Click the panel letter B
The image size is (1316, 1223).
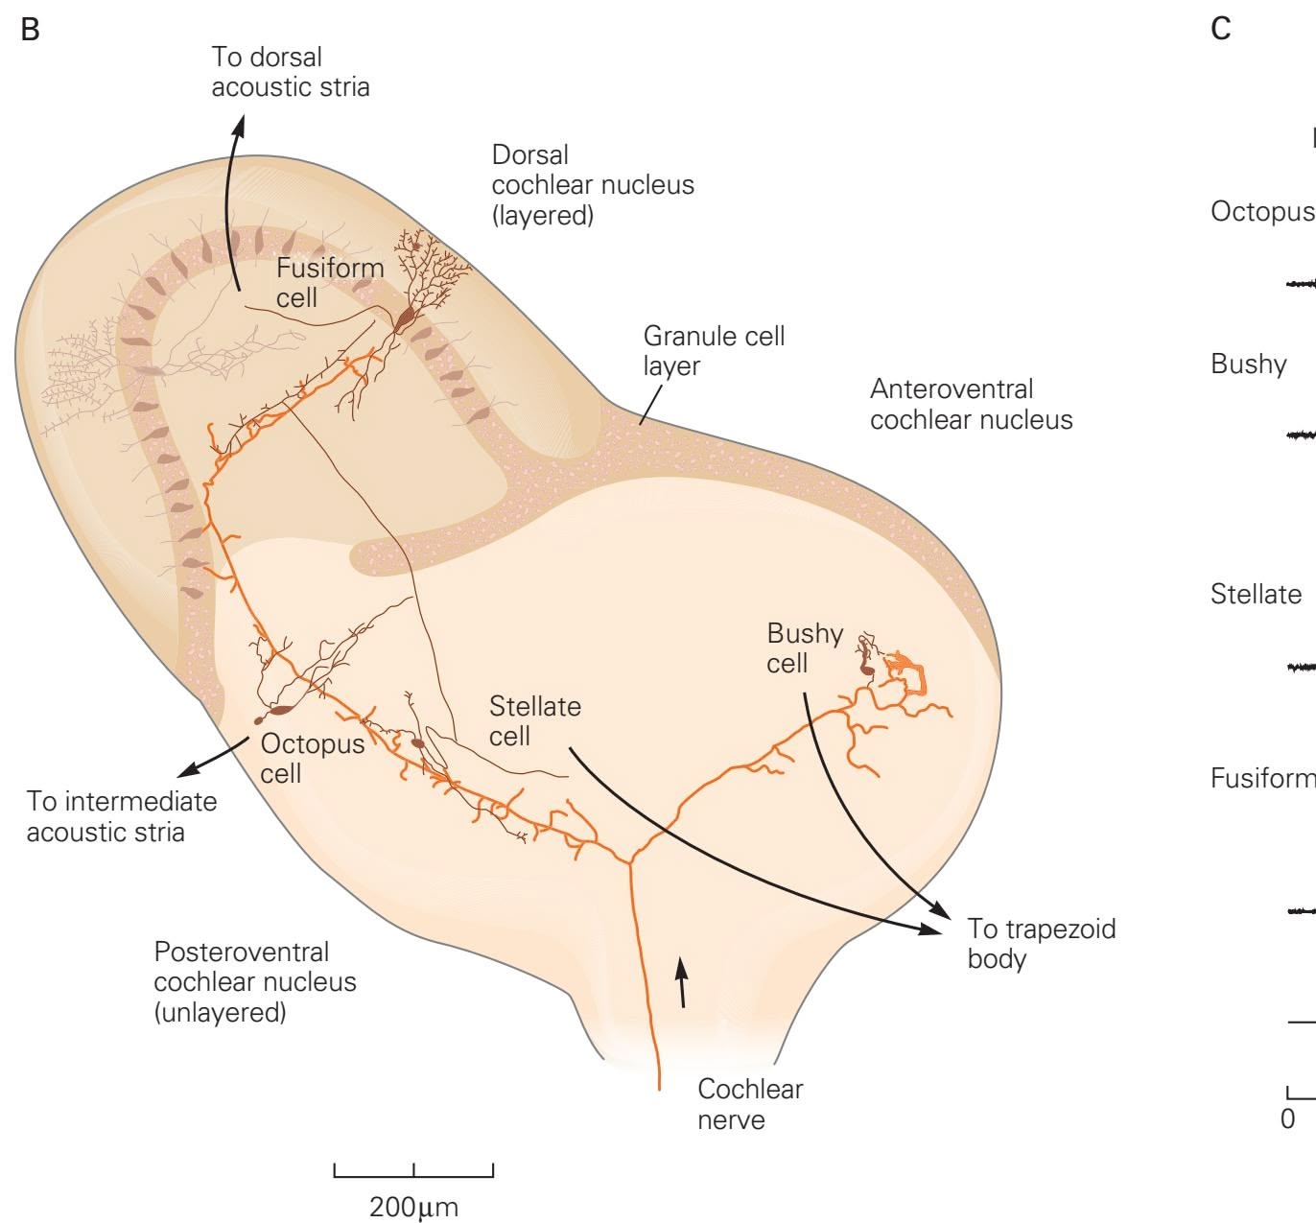[x=31, y=30]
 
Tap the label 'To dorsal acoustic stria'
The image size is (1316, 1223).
[x=290, y=72]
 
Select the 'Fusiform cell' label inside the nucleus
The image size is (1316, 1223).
[x=329, y=282]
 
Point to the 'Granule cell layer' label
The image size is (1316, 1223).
[x=713, y=350]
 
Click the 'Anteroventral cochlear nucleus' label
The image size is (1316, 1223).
[x=970, y=404]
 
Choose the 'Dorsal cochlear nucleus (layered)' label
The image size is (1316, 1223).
[x=592, y=184]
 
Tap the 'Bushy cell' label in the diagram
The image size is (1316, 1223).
[x=804, y=647]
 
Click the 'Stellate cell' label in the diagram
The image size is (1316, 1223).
[x=534, y=720]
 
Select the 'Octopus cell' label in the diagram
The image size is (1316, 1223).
[x=312, y=758]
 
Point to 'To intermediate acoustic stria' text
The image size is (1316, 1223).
[x=121, y=815]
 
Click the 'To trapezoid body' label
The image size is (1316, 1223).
[x=1041, y=943]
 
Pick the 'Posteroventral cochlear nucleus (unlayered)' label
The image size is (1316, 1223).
[x=254, y=981]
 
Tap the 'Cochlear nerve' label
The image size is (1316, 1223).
[x=749, y=1103]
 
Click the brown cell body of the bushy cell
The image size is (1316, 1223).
[x=867, y=668]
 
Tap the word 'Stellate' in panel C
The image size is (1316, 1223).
[x=1256, y=594]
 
